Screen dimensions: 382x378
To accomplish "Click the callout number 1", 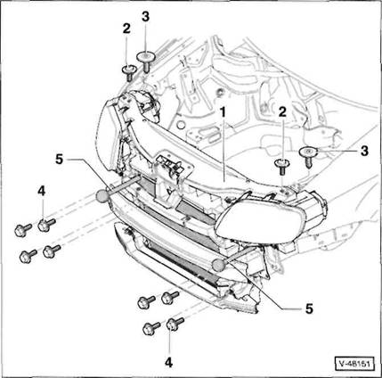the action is (x=223, y=113).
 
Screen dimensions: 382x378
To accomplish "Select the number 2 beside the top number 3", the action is (x=126, y=29).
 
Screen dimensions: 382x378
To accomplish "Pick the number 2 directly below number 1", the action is (x=282, y=111).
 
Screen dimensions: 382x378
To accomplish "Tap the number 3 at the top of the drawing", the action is (x=145, y=17).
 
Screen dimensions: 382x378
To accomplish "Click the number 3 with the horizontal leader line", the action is (x=364, y=151).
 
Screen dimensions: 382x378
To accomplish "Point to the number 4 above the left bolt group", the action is (x=42, y=191).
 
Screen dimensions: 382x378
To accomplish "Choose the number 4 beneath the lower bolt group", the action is (x=168, y=363).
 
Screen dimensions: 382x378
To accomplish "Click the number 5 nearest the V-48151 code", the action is (x=309, y=308).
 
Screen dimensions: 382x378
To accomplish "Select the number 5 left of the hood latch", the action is (x=60, y=160).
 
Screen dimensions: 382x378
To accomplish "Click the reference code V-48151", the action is (x=354, y=364).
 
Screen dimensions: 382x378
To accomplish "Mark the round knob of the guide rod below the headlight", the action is (x=219, y=265).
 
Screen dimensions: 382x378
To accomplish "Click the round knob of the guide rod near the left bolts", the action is (x=102, y=196).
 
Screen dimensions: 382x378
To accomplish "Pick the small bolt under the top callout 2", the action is (x=129, y=72).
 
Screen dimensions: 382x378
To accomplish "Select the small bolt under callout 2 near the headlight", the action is (x=282, y=167).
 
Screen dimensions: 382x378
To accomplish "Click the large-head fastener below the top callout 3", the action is (x=145, y=61).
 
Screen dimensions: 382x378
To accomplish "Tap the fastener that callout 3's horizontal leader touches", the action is (x=308, y=156).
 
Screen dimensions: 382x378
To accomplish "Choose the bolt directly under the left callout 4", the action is (x=46, y=225).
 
